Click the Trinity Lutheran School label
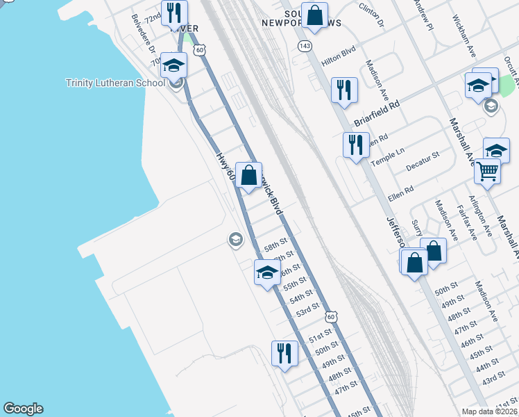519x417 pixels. [115, 83]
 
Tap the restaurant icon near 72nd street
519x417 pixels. [173, 13]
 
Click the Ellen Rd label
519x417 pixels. [401, 193]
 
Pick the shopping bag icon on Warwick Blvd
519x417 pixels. [248, 175]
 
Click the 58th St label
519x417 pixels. [275, 245]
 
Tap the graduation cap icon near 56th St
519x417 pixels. [266, 272]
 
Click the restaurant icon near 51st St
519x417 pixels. [284, 353]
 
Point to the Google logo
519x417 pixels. [23, 409]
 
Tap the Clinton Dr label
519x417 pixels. [371, 14]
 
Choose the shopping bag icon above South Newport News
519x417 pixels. [314, 15]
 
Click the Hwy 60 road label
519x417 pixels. [224, 166]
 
